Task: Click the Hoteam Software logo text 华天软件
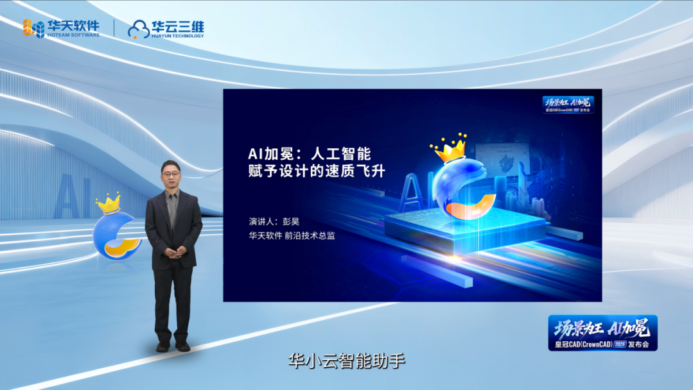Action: click(x=73, y=26)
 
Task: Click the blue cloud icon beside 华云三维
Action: click(x=138, y=29)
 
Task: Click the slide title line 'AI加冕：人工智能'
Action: click(x=310, y=154)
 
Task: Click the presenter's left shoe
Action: click(x=183, y=346)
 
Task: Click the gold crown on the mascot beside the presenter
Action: click(x=109, y=203)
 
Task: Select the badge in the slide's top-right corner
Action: click(x=568, y=104)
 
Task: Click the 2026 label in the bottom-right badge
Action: click(x=619, y=344)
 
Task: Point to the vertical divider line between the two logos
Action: click(x=114, y=28)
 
